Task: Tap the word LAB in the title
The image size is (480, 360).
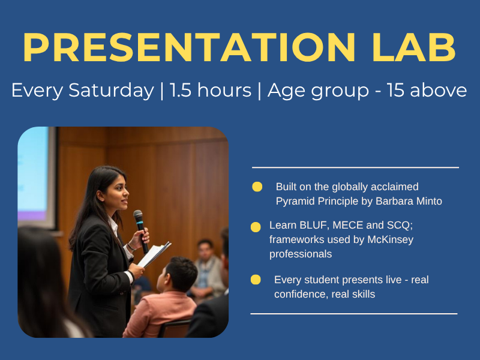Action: pos(414,47)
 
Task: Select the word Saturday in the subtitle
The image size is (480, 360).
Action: pos(111,91)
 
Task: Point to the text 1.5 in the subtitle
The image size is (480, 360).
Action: pos(181,91)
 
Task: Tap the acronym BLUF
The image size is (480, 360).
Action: pos(313,225)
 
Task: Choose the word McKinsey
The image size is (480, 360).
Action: pos(391,239)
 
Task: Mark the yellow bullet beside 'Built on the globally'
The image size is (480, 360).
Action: pos(257,187)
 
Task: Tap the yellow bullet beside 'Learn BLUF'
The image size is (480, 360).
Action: pos(256,227)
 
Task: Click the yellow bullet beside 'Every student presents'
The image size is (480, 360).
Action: pos(256,280)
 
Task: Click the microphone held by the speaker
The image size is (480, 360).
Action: pos(141,231)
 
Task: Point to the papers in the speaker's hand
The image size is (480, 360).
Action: pos(154,254)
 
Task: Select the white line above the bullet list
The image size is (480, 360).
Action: pos(355,167)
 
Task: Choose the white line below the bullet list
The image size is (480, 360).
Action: pos(354,314)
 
